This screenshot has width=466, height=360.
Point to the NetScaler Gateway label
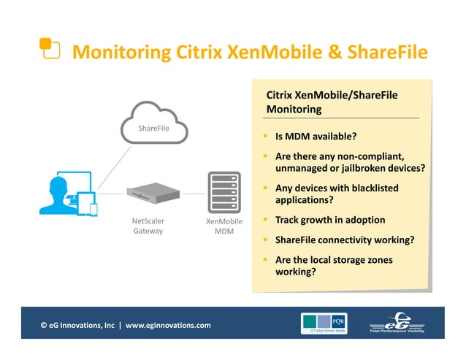(148, 226)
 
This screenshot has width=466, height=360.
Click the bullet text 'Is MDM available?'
(316, 137)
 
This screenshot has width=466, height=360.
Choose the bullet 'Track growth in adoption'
(329, 220)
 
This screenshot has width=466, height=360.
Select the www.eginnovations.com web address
(168, 325)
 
